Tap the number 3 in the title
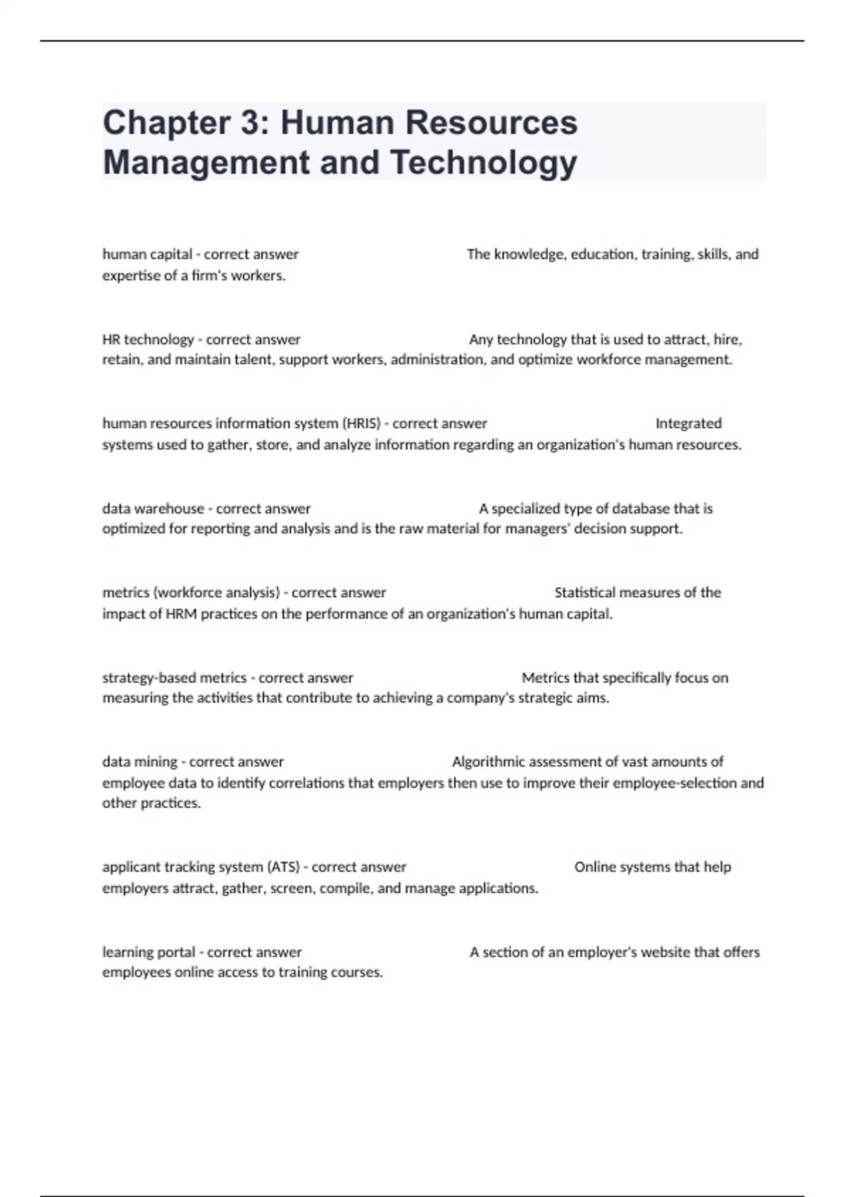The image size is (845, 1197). tap(254, 123)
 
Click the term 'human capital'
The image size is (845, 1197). tap(147, 254)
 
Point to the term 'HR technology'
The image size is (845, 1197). tap(148, 339)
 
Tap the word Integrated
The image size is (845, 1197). tap(688, 423)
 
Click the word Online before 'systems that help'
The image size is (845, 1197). tap(595, 867)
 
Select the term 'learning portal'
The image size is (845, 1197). tap(149, 952)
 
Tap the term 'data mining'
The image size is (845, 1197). tap(139, 762)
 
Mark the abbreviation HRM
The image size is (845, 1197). tap(181, 614)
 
